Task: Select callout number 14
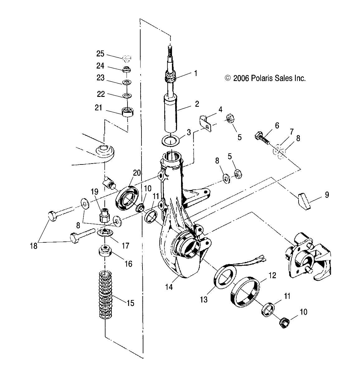point(169,287)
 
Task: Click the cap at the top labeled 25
point(127,58)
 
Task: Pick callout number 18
point(33,246)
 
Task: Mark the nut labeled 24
point(127,69)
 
